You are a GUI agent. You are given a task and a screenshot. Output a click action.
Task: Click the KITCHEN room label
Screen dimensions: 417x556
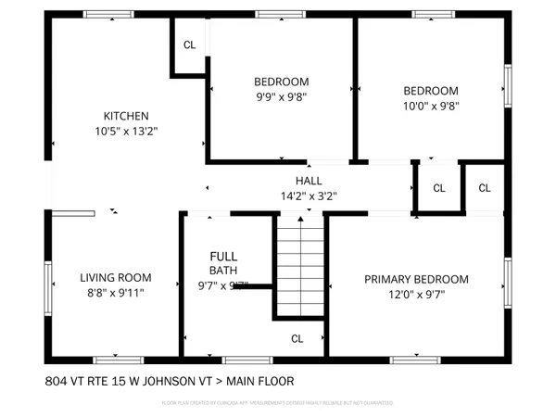tap(126, 116)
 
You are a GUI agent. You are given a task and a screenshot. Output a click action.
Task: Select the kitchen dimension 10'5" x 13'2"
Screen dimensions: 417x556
tap(126, 132)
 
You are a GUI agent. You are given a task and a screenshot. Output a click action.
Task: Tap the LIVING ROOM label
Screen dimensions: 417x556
tap(115, 277)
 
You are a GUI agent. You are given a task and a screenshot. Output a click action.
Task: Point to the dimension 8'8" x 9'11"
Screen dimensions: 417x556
tap(115, 292)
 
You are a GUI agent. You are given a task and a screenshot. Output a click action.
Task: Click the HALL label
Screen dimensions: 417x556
tap(309, 181)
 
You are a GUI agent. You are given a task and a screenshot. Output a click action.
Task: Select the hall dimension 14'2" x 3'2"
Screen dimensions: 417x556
tap(309, 196)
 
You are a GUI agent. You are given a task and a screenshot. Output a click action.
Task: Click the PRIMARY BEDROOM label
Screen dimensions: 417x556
tap(416, 279)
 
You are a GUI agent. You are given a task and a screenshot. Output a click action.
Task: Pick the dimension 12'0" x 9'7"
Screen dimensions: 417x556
tap(416, 295)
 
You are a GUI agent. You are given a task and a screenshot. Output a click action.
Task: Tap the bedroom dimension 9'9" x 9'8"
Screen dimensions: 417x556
tap(281, 95)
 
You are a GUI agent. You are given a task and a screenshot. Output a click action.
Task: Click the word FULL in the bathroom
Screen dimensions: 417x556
tap(223, 257)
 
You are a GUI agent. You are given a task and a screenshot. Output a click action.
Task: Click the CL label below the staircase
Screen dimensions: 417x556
tap(297, 338)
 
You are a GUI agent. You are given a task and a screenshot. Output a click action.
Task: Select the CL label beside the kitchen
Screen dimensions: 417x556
tap(189, 44)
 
